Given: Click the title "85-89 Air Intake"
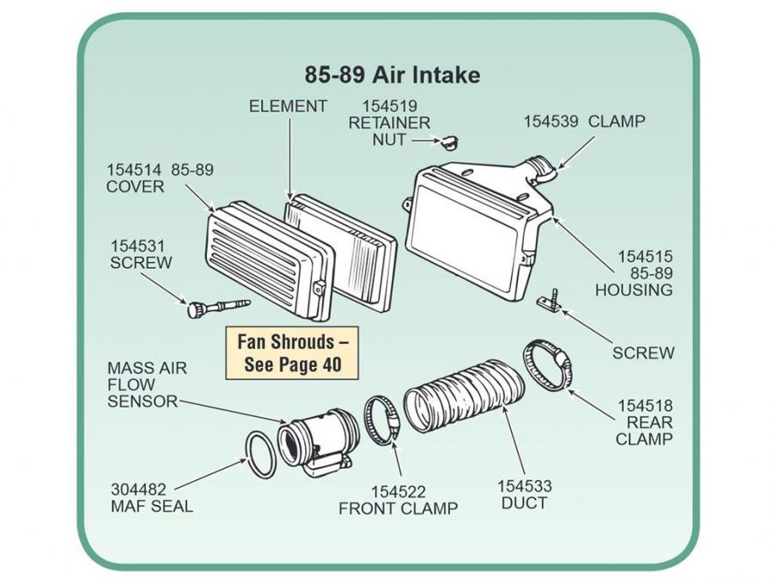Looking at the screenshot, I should pyautogui.click(x=393, y=75).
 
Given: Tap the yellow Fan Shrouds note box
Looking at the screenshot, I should pyautogui.click(x=292, y=353).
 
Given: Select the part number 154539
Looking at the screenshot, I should pyautogui.click(x=551, y=121).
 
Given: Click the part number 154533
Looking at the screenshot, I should pyautogui.click(x=525, y=486).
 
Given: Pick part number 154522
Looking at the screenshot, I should pyautogui.click(x=398, y=491).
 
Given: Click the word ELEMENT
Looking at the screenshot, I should pyautogui.click(x=288, y=107).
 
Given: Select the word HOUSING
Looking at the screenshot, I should pyautogui.click(x=634, y=290).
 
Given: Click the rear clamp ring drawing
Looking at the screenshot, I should pyautogui.click(x=546, y=365).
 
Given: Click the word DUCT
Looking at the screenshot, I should pyautogui.click(x=525, y=504).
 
